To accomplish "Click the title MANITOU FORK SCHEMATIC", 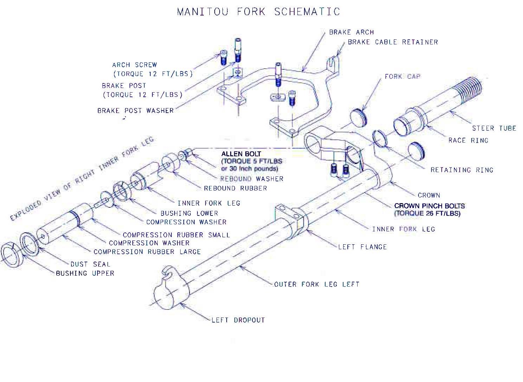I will tap(258, 12).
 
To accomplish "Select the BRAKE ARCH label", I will tap(351, 32).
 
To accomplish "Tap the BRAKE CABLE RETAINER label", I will tap(393, 42).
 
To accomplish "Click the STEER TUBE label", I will tap(494, 129).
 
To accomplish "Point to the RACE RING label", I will tap(468, 140).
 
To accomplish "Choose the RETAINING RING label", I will tap(462, 170).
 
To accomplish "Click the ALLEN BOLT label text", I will tap(241, 154).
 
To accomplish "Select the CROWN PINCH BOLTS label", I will tap(429, 206).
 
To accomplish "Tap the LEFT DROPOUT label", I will tap(238, 320).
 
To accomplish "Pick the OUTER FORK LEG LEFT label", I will tap(317, 284).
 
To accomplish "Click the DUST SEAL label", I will tap(90, 264).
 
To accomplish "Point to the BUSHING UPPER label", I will tap(85, 273).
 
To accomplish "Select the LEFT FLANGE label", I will tap(363, 247).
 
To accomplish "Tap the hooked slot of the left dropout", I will tap(169, 272).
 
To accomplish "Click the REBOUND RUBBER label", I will tap(235, 188).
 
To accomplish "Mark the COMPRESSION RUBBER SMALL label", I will tap(176, 235).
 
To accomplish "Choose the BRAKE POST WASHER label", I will tap(136, 111).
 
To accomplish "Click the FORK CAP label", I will tap(402, 76).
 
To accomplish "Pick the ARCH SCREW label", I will tap(134, 65).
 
